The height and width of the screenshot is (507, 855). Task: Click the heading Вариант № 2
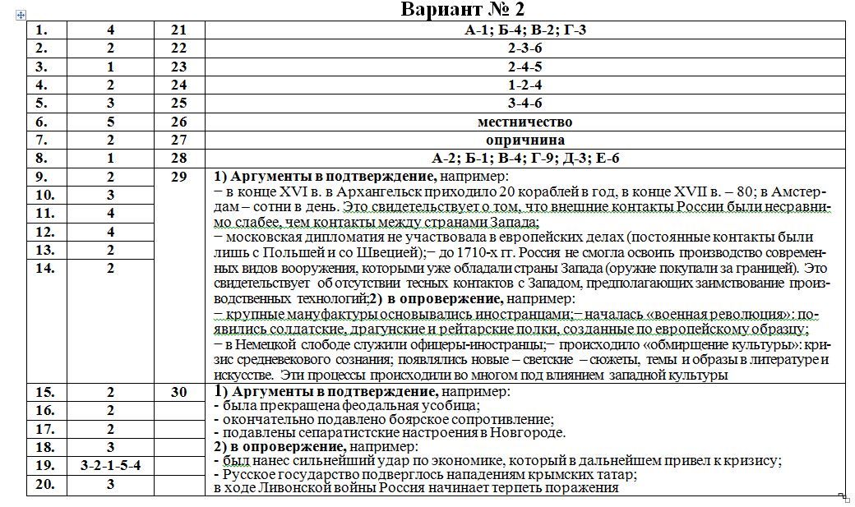pos(462,10)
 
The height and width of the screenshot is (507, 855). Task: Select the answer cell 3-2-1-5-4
pos(111,466)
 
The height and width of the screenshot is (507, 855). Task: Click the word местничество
pos(525,122)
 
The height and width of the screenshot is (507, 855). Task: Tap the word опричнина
pos(525,141)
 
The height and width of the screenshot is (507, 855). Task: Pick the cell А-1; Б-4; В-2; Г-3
pos(525,30)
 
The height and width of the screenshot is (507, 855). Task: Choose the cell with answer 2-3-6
pos(525,48)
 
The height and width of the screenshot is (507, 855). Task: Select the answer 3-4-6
pos(525,104)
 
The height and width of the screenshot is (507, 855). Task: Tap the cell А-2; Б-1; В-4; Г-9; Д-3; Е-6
pos(525,159)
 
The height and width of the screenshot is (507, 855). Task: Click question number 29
pos(179,177)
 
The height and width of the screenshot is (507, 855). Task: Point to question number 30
pos(179,393)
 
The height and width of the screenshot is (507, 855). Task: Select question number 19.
pos(45,466)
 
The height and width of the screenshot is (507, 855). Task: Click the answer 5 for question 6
pos(111,122)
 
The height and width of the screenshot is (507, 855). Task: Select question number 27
pos(179,141)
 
